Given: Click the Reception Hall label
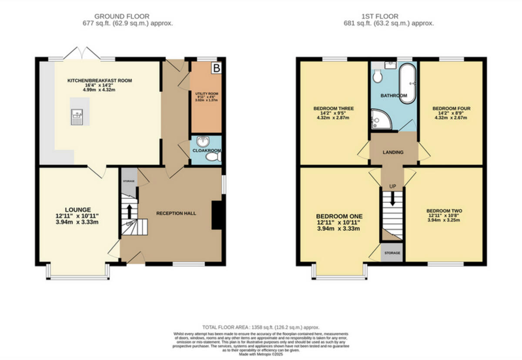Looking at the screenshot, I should [176, 213].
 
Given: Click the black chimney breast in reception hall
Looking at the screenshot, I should [216, 215].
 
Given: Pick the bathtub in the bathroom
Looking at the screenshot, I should [408, 83].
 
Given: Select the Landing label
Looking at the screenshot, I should [393, 152].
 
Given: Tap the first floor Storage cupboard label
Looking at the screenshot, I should [392, 253].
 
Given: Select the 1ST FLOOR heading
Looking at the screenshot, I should [393, 17].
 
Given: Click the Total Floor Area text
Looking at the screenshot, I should [261, 327].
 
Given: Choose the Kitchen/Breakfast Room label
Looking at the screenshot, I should [99, 80].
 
